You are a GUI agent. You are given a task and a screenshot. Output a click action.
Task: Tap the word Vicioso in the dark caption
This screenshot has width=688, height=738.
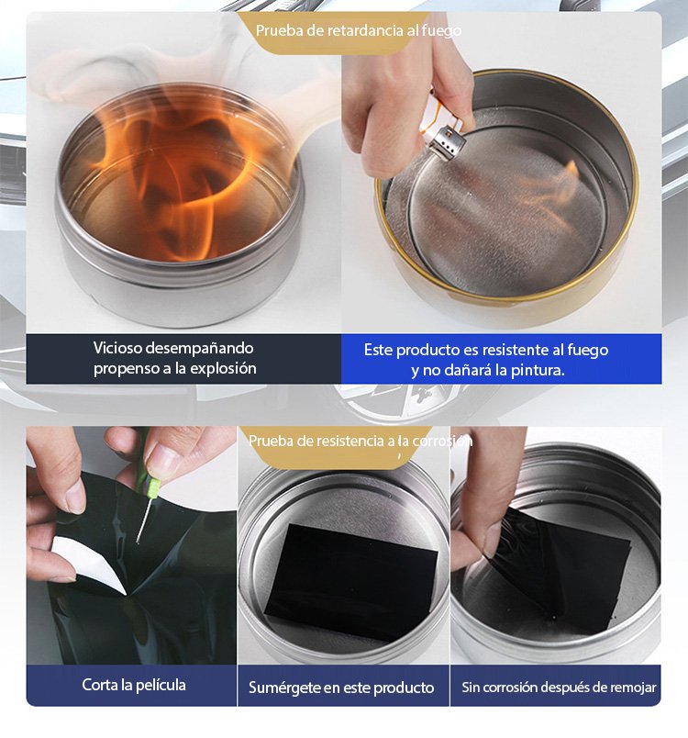(117, 348)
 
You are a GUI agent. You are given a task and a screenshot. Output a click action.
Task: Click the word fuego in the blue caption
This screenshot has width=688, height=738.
(587, 350)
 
